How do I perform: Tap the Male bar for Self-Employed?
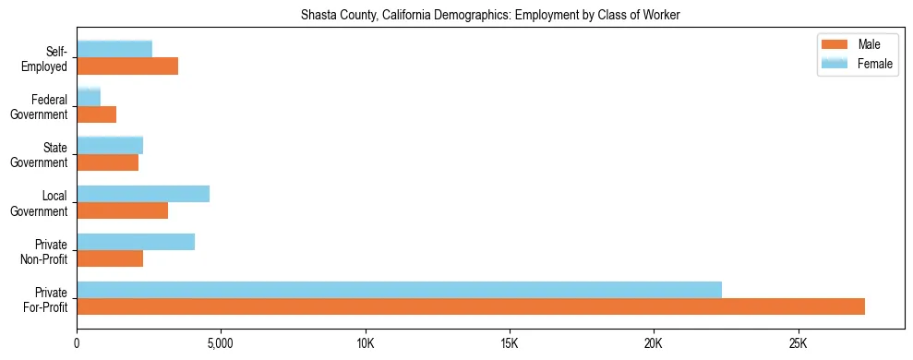(x=127, y=66)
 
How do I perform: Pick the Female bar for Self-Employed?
(x=114, y=49)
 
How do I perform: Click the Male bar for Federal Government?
(x=96, y=114)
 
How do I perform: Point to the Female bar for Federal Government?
(x=89, y=97)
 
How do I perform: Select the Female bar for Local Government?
(x=143, y=193)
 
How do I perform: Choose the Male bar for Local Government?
(x=122, y=210)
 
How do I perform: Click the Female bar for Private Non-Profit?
(x=136, y=242)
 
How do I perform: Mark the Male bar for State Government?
(x=107, y=162)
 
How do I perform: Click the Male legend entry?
(x=868, y=44)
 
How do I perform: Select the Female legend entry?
(x=873, y=63)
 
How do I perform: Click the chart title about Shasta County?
(x=490, y=16)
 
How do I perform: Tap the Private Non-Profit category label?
(x=45, y=251)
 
